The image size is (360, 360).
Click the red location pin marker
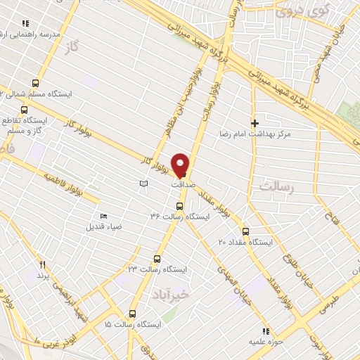tap(181, 165)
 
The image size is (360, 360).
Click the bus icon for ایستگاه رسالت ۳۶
tap(179, 206)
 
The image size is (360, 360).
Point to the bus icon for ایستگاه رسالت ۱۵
tap(132, 314)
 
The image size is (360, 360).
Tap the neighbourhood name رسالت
tap(275, 187)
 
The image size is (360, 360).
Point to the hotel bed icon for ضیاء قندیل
tap(105, 216)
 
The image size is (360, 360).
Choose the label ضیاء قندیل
tap(105, 226)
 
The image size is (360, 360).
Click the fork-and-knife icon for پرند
tap(42, 264)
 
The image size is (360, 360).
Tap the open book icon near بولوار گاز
tap(143, 183)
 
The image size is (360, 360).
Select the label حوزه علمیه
tap(264, 341)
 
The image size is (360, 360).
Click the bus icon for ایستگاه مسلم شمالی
tap(34, 83)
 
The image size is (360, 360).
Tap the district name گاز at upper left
tap(68, 44)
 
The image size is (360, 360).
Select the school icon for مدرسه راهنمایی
tap(26, 23)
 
